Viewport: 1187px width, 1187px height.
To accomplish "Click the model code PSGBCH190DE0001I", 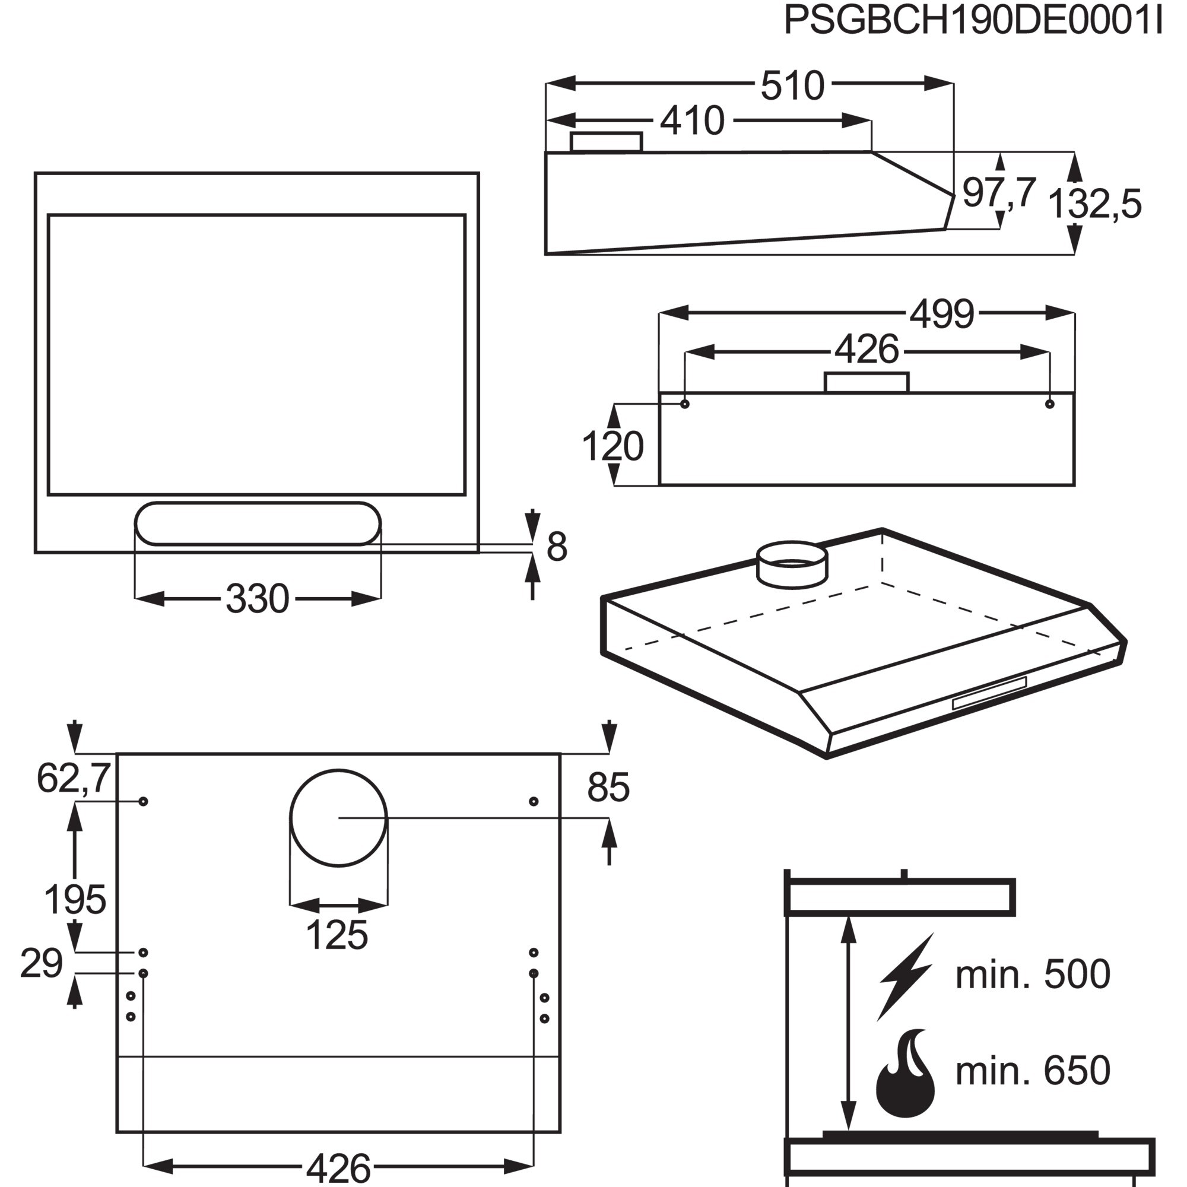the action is [x=974, y=21].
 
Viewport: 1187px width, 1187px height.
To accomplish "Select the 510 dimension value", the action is [x=792, y=85].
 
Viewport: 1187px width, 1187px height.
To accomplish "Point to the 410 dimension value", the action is [x=693, y=120].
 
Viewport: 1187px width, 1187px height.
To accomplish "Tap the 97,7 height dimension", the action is [x=999, y=192].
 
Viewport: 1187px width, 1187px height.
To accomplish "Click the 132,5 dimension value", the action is [x=1094, y=204].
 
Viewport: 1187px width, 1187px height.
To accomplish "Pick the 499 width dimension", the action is [x=941, y=314].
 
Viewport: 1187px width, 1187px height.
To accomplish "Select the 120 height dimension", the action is [x=612, y=446].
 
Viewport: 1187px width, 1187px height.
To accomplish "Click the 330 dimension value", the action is [x=258, y=599].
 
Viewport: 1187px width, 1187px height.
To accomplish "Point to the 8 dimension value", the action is [x=557, y=546].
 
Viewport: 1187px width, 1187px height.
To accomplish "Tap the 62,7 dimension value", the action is [x=74, y=778].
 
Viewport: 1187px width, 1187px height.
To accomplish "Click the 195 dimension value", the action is [x=75, y=900].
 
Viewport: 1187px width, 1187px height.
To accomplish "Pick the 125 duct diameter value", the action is [x=337, y=935].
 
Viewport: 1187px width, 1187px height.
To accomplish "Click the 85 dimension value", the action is [x=608, y=787].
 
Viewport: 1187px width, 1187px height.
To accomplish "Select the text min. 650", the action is [x=1033, y=1070].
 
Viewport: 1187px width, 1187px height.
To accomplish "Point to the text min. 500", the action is [x=1033, y=974].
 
